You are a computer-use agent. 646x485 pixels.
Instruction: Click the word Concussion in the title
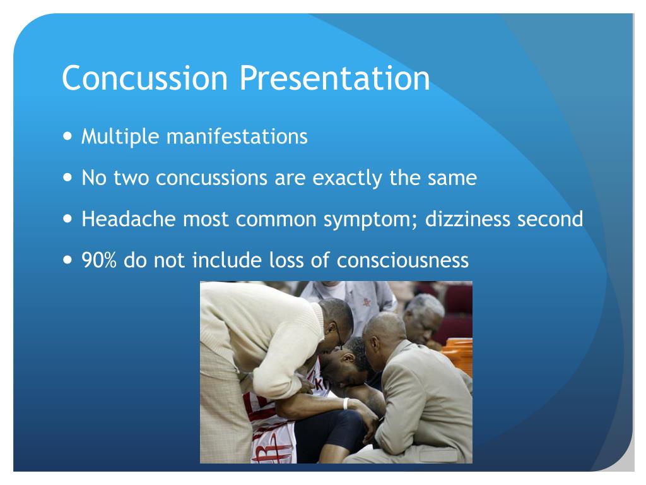(x=144, y=78)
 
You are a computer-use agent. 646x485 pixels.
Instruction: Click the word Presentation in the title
(x=334, y=78)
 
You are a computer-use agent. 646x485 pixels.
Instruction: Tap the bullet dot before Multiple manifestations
(x=68, y=135)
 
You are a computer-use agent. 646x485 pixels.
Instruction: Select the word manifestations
(x=237, y=136)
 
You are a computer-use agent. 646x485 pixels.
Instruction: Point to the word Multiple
(x=120, y=136)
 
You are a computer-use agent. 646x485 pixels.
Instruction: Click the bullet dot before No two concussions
(x=68, y=177)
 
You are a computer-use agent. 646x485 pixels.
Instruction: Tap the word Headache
(x=129, y=219)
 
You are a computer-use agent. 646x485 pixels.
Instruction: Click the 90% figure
(x=99, y=260)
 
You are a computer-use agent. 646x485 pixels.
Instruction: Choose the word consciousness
(x=402, y=260)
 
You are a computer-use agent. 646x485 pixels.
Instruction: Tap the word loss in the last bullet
(x=286, y=260)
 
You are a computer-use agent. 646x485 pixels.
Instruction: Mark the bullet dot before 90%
(x=68, y=260)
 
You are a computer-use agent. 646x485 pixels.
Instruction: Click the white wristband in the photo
(x=346, y=404)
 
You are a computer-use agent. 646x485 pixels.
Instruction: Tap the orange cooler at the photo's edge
(x=458, y=356)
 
